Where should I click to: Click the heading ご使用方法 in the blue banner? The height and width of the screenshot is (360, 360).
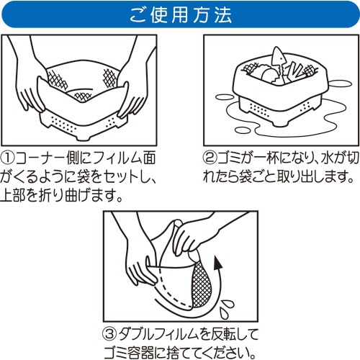tap(180, 14)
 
